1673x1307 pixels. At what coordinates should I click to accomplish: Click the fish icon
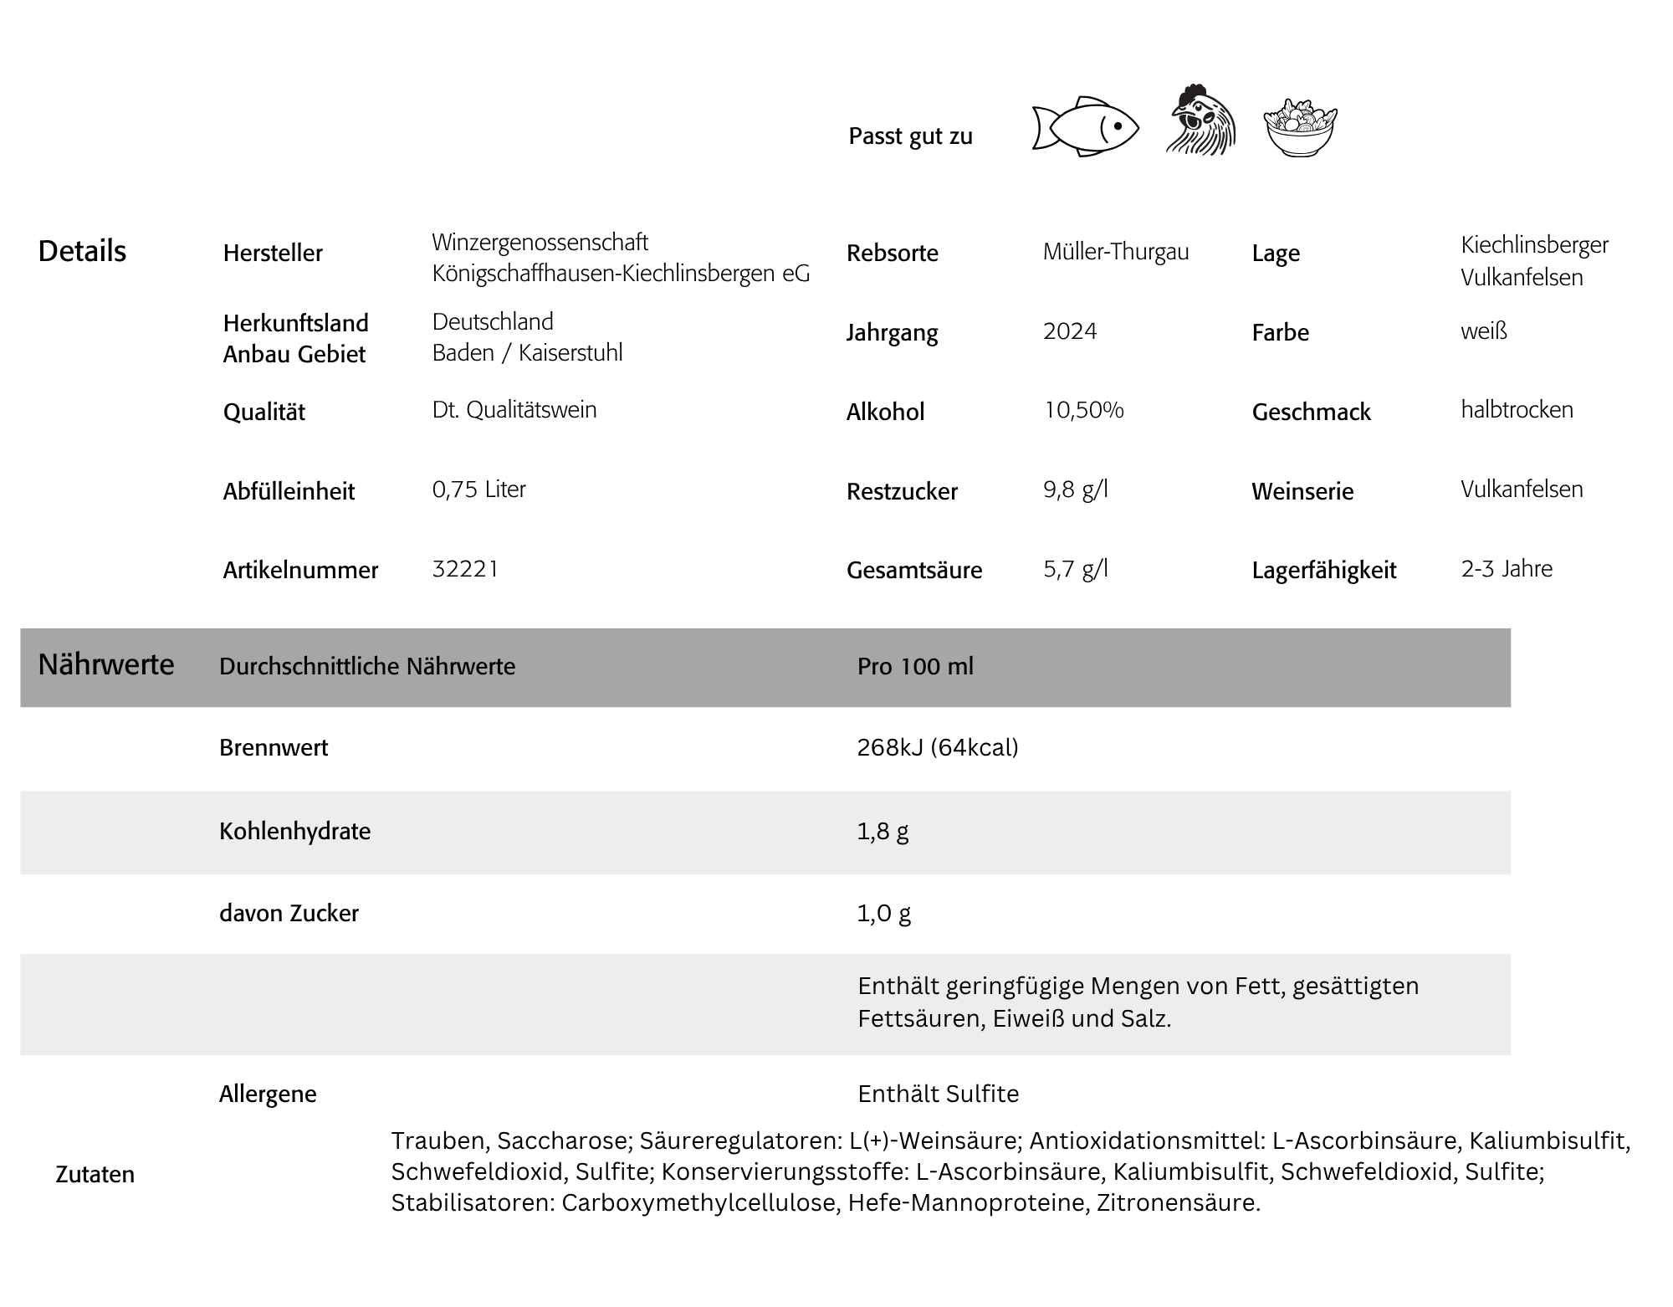click(x=1085, y=126)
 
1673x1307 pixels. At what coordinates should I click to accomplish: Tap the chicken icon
click(x=1201, y=120)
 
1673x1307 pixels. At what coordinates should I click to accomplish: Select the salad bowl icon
click(x=1300, y=128)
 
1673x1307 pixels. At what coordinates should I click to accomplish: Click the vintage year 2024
click(x=1070, y=331)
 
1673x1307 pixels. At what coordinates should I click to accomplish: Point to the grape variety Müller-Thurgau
click(x=1115, y=252)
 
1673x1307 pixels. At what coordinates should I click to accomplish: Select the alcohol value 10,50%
click(x=1083, y=410)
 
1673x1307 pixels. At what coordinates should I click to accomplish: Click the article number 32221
click(x=465, y=569)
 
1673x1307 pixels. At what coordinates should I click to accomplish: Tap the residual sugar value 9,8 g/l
click(x=1075, y=489)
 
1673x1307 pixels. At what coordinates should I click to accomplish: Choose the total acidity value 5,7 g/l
click(x=1075, y=569)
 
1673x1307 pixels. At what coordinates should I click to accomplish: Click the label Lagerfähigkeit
click(x=1323, y=571)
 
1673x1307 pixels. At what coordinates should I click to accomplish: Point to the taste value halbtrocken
click(x=1517, y=410)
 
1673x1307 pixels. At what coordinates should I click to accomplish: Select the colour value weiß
click(x=1483, y=331)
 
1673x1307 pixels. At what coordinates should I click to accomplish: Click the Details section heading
click(x=82, y=251)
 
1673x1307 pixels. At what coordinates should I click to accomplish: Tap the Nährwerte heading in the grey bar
click(x=106, y=664)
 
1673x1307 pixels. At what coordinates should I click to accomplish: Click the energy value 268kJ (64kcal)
click(x=937, y=747)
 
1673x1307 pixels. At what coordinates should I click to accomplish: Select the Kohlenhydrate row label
click(x=294, y=831)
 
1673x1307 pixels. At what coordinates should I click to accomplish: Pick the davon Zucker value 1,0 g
click(x=883, y=913)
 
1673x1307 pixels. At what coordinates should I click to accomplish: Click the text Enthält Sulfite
click(x=938, y=1094)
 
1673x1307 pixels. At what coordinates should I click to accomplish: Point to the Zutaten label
click(x=95, y=1174)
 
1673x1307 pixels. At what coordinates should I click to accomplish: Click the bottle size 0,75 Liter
click(x=478, y=489)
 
